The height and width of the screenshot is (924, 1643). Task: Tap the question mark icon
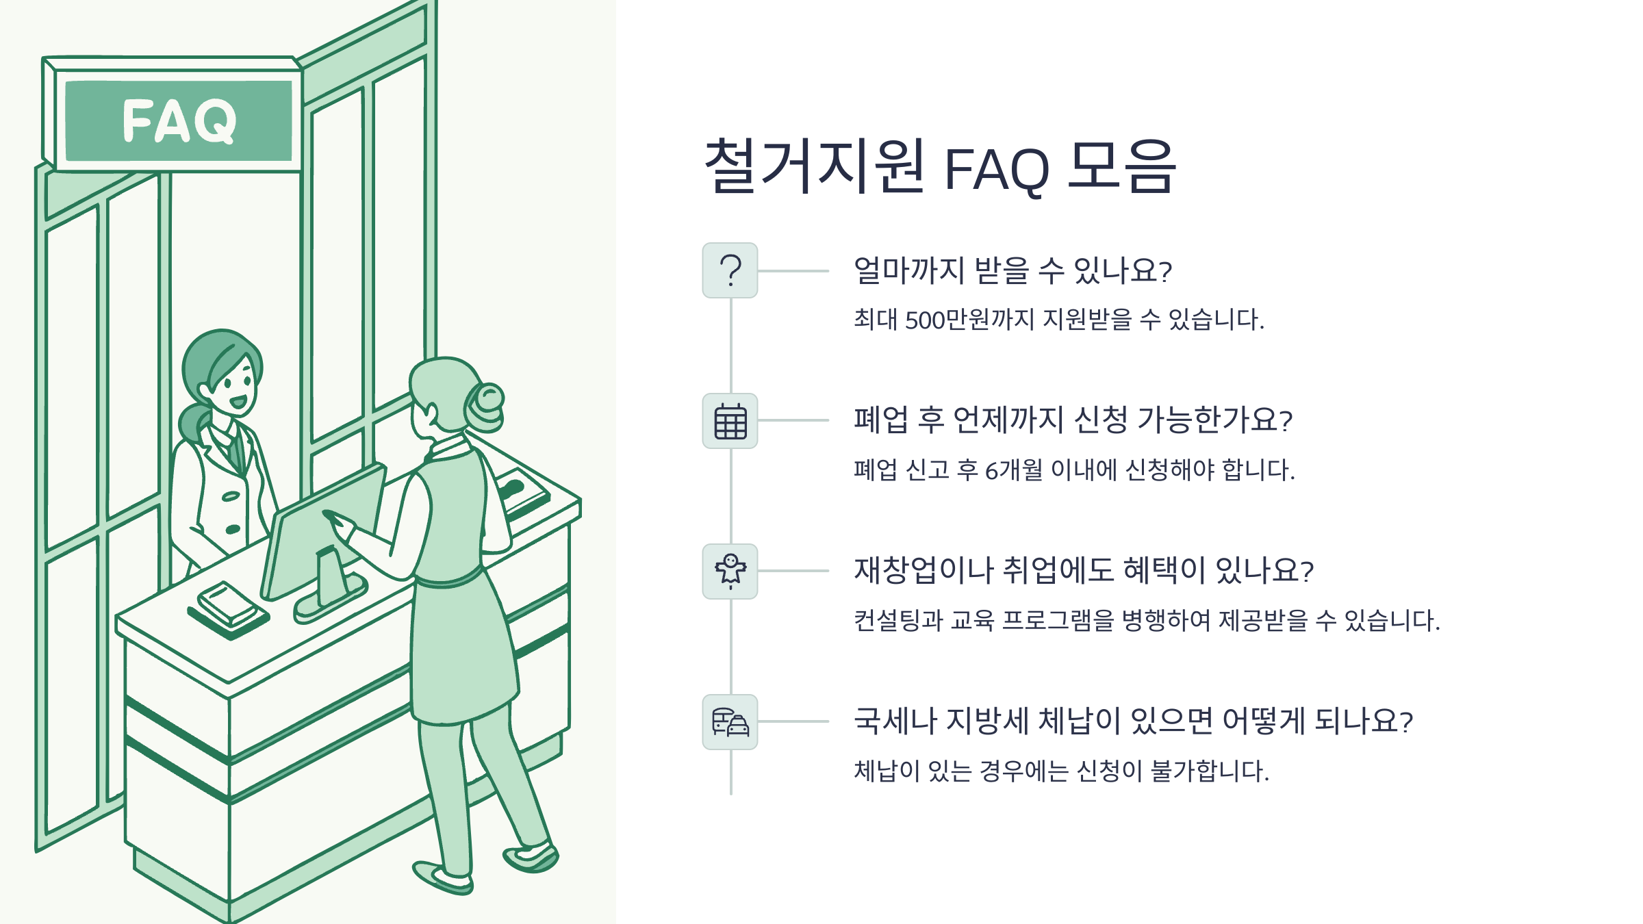730,270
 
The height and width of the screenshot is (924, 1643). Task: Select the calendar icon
730,421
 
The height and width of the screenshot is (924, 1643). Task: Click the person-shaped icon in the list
730,571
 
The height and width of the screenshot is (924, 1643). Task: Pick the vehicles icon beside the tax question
730,722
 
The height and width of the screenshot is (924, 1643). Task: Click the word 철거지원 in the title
815,166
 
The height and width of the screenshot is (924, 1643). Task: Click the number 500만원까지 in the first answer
969,320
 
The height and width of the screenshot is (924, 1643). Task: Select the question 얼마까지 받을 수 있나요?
1012,270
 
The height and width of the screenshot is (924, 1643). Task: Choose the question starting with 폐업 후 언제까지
1072,420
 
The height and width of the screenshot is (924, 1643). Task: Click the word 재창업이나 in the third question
923,570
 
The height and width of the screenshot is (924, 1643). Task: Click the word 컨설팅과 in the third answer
897,621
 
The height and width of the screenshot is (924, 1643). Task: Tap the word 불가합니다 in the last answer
1209,771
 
